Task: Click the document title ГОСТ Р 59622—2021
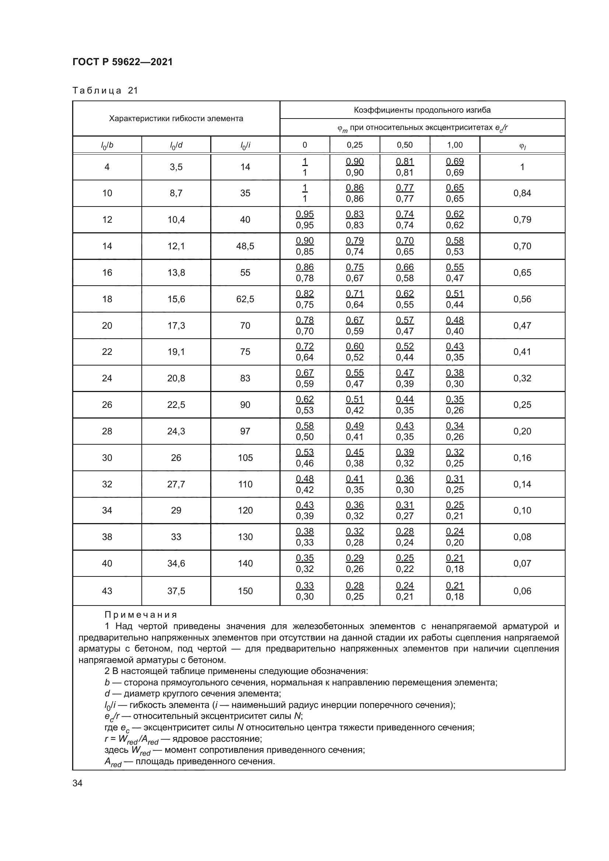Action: pos(123,62)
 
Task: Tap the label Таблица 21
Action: pos(105,91)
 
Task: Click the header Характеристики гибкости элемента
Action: pos(176,119)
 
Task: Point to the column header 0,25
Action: pos(354,145)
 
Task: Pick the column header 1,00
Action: pos(454,145)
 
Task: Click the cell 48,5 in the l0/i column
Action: pos(245,246)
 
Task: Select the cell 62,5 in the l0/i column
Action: pos(245,299)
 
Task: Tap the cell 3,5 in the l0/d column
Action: pos(176,167)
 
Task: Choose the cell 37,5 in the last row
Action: pos(176,591)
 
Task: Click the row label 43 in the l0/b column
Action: pos(107,591)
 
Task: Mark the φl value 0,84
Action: pos(522,193)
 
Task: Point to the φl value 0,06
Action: pos(522,591)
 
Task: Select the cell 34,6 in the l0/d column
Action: pos(176,563)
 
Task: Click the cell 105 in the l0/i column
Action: pos(245,458)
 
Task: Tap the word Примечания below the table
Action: pos(141,615)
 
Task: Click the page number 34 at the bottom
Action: pos(77,783)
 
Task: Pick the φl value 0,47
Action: pos(522,325)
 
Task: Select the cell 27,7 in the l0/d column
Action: pos(176,484)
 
